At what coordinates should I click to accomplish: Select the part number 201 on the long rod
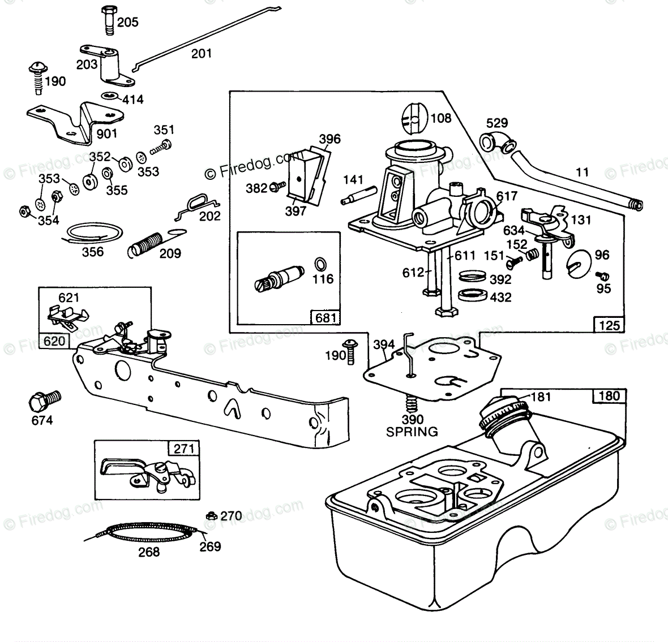(202, 54)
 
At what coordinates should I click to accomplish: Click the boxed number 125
(609, 325)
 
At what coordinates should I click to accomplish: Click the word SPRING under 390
(412, 432)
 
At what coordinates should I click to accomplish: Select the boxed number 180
(609, 395)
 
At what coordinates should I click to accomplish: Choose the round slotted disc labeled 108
(414, 120)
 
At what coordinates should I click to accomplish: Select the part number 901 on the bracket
(107, 133)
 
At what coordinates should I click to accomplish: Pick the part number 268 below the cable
(149, 551)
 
